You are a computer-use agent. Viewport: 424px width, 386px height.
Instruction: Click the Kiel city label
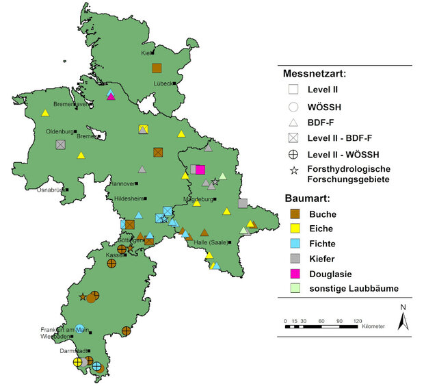[x=146, y=53]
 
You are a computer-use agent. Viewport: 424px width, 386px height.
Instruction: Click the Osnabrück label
[x=51, y=190]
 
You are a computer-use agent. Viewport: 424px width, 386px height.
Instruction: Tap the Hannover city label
[x=121, y=183]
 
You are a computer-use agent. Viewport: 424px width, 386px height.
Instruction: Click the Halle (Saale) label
[x=210, y=242]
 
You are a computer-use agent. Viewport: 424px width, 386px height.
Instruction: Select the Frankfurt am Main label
[x=65, y=331]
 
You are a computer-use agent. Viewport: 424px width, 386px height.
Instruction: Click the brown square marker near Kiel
[x=157, y=68]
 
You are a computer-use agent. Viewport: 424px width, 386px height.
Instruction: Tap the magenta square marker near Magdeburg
[x=200, y=170]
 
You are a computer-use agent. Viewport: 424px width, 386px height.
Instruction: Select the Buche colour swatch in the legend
[x=293, y=214]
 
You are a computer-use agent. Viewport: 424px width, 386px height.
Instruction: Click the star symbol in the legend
[x=293, y=169]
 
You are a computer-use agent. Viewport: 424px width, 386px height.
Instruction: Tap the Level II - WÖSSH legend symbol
[x=293, y=153]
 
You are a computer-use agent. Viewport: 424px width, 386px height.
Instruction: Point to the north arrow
[x=403, y=318]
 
